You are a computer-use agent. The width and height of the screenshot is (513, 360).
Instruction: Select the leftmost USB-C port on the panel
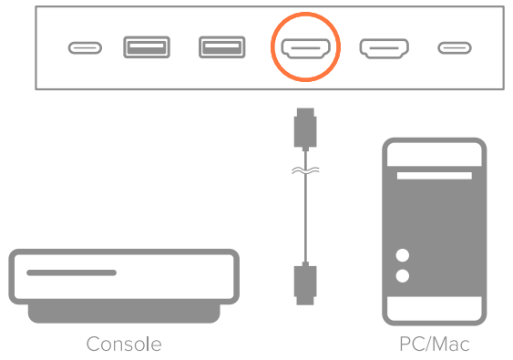pos(85,47)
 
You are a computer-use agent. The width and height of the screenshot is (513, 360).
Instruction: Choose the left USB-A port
pos(146,46)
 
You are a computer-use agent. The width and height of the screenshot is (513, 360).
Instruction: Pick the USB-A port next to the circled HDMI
pos(221,46)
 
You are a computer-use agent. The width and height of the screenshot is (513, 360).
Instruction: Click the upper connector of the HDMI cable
pos(304,128)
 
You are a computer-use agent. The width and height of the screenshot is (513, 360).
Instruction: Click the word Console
pos(124,345)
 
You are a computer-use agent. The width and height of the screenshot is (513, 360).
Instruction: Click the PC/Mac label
pos(435,345)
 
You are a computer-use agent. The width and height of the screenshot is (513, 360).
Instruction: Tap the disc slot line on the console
pos(71,273)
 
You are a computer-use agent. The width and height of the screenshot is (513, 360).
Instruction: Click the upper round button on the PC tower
pos(403,256)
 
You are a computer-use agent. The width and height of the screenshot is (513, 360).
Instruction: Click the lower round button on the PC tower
pos(403,275)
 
